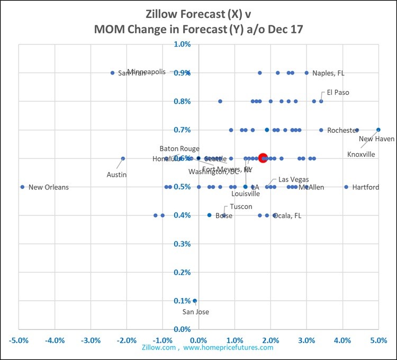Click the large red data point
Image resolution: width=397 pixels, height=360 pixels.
click(263, 158)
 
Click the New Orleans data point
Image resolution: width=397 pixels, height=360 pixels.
click(22, 187)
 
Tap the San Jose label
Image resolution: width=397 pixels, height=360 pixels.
click(195, 312)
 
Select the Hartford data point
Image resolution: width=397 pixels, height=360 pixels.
click(346, 187)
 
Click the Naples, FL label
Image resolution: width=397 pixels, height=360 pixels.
click(328, 73)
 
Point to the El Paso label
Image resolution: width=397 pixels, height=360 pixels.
click(338, 92)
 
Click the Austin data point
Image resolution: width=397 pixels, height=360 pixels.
click(123, 158)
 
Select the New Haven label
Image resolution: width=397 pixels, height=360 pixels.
click(376, 139)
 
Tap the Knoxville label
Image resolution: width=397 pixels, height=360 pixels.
click(361, 154)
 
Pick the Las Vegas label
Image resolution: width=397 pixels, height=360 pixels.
click(293, 179)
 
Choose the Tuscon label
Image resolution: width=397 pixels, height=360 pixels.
click(241, 206)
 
